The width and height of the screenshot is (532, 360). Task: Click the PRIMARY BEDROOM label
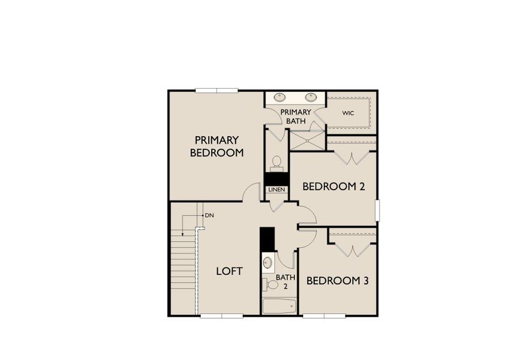(217, 146)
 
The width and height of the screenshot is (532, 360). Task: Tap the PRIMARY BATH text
(296, 116)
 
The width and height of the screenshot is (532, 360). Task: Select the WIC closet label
(348, 113)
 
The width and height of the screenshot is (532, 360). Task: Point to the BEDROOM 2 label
(333, 187)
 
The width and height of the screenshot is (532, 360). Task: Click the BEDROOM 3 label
(337, 280)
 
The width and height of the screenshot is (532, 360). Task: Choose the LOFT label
(229, 271)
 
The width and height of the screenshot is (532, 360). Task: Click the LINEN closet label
(276, 190)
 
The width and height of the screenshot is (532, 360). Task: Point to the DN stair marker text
(209, 215)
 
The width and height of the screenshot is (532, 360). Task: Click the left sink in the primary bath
(280, 97)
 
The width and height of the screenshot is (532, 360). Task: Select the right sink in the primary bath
(311, 97)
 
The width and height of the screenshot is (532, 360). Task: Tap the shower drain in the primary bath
(307, 141)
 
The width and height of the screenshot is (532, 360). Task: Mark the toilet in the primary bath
(276, 163)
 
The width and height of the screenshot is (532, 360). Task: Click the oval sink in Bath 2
(267, 262)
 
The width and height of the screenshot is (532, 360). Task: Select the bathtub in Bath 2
(279, 306)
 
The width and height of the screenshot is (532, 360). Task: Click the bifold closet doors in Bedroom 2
(351, 158)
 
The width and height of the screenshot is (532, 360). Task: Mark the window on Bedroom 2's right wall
(377, 210)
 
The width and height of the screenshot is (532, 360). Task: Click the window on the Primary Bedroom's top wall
(217, 91)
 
